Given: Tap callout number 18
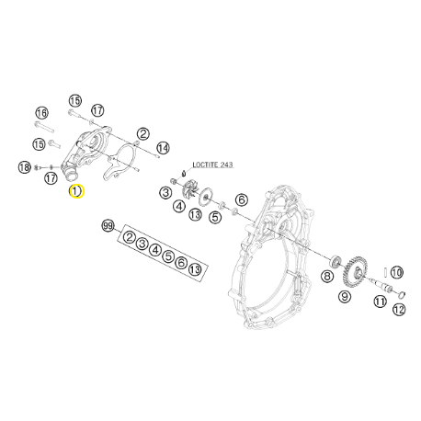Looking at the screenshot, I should [x=25, y=166].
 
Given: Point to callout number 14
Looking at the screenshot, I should [x=162, y=147].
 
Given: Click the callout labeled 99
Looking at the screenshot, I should [x=108, y=226].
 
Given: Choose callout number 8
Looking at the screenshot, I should [x=327, y=275].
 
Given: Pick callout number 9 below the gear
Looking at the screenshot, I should [x=345, y=296].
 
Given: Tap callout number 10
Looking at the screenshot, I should [x=396, y=272].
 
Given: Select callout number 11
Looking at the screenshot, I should [x=377, y=297].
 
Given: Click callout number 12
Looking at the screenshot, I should [x=398, y=310].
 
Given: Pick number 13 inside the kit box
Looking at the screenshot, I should [x=195, y=268].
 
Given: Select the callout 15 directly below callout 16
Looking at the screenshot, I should [x=39, y=144].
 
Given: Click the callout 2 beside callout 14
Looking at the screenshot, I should [x=143, y=134].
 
